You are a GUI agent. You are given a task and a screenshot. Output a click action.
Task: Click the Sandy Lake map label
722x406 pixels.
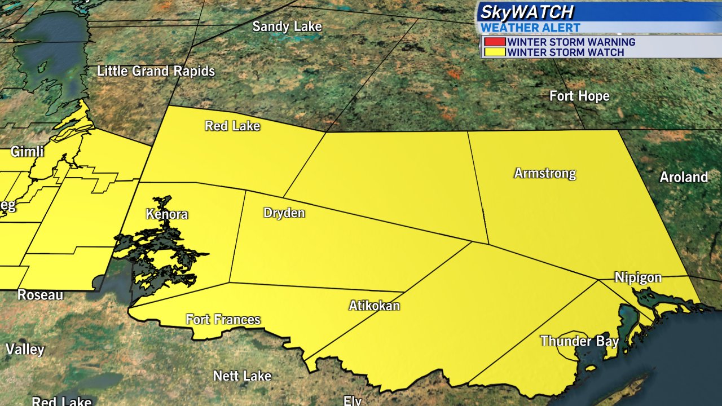point(287,27)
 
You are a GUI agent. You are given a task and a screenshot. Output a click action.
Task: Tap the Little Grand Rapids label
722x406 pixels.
point(156,72)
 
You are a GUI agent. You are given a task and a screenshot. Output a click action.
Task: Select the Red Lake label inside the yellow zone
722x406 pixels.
point(232,126)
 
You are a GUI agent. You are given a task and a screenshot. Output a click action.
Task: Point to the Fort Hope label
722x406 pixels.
point(579,96)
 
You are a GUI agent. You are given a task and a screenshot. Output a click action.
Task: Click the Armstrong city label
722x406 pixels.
point(545,174)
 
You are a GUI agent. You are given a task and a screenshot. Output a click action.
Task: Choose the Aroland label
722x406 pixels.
point(684,178)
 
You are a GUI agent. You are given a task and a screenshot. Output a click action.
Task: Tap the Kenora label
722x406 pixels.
point(166,215)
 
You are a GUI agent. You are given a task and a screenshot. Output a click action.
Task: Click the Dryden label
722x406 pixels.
point(284,213)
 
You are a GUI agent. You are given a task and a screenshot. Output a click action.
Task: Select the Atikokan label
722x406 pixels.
point(374,306)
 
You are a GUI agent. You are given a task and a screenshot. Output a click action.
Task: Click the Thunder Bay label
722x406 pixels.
point(579,342)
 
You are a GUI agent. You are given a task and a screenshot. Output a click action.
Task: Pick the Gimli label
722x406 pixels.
point(27,152)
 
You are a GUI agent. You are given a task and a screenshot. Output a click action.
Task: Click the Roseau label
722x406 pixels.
point(40,295)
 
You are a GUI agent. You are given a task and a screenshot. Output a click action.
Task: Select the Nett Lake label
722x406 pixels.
point(242,376)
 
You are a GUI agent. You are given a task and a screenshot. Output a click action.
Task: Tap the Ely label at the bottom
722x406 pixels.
point(353,400)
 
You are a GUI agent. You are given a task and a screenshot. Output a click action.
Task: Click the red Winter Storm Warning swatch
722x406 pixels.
point(494,42)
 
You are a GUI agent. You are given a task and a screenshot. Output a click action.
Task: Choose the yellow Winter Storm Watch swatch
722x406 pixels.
point(494,52)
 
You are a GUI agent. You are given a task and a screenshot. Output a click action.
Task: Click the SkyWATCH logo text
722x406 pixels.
point(527,12)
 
